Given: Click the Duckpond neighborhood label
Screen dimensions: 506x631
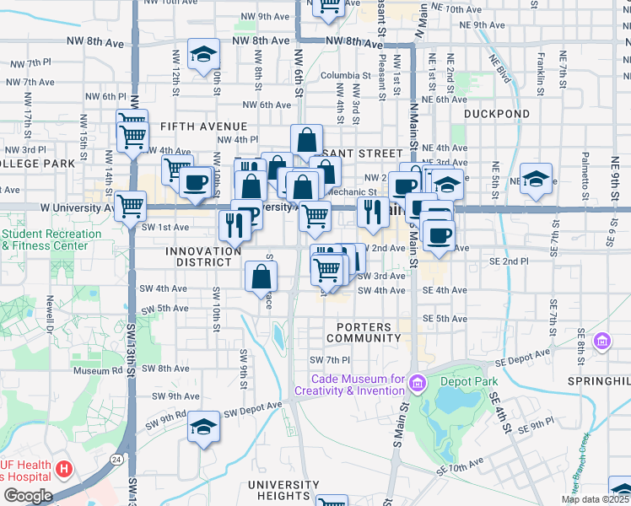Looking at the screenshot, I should pos(497,114).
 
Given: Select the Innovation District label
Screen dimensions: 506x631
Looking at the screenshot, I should pos(203,256).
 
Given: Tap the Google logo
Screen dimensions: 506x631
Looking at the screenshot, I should pos(28,496).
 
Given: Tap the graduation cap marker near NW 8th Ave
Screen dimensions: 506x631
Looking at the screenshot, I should pos(203,56).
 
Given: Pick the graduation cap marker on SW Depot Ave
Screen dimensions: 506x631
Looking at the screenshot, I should pos(203,428).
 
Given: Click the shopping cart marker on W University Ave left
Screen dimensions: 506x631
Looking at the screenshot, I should pos(130,205).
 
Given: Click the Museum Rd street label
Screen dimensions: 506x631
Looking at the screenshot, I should pos(98,370).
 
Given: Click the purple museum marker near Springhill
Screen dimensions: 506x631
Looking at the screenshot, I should pos(602,341).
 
